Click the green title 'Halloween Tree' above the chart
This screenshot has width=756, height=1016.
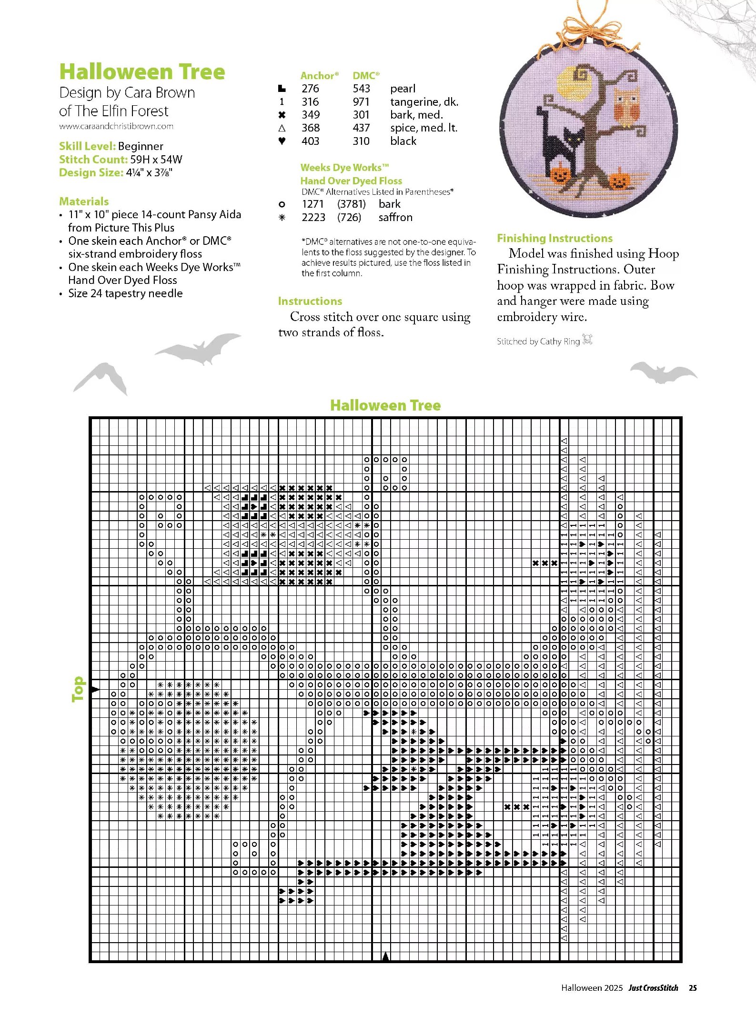coord(385,405)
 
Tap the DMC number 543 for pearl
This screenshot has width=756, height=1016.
coord(361,89)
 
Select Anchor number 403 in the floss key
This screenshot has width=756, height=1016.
coord(310,141)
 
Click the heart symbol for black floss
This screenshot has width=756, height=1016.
coord(282,141)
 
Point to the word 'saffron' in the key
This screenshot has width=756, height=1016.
coord(395,217)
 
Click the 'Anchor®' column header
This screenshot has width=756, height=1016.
coord(319,76)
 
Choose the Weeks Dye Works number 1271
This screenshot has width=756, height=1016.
coord(312,204)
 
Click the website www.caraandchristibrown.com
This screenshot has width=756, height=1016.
coord(116,126)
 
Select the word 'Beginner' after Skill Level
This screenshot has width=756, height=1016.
coord(141,146)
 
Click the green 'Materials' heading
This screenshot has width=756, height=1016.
coord(84,201)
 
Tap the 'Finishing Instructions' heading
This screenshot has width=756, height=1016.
coord(554,238)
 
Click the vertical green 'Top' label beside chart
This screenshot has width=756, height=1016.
coord(78,689)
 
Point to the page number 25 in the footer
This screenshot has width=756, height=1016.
coord(693,988)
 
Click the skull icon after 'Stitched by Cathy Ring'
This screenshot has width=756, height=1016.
coord(587,340)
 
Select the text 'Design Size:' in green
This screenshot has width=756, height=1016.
coord(91,172)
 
